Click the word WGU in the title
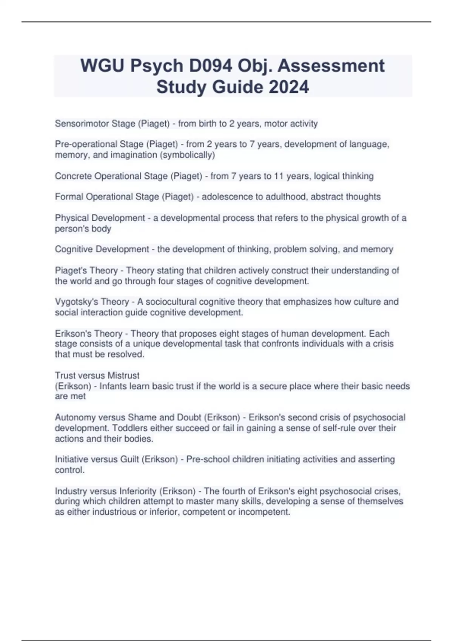pyautogui.click(x=102, y=66)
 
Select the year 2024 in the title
pyautogui.click(x=289, y=87)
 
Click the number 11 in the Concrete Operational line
pyautogui.click(x=279, y=176)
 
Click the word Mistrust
pyautogui.click(x=123, y=376)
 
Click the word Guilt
pyautogui.click(x=129, y=459)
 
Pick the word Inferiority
pyautogui.click(x=138, y=491)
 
